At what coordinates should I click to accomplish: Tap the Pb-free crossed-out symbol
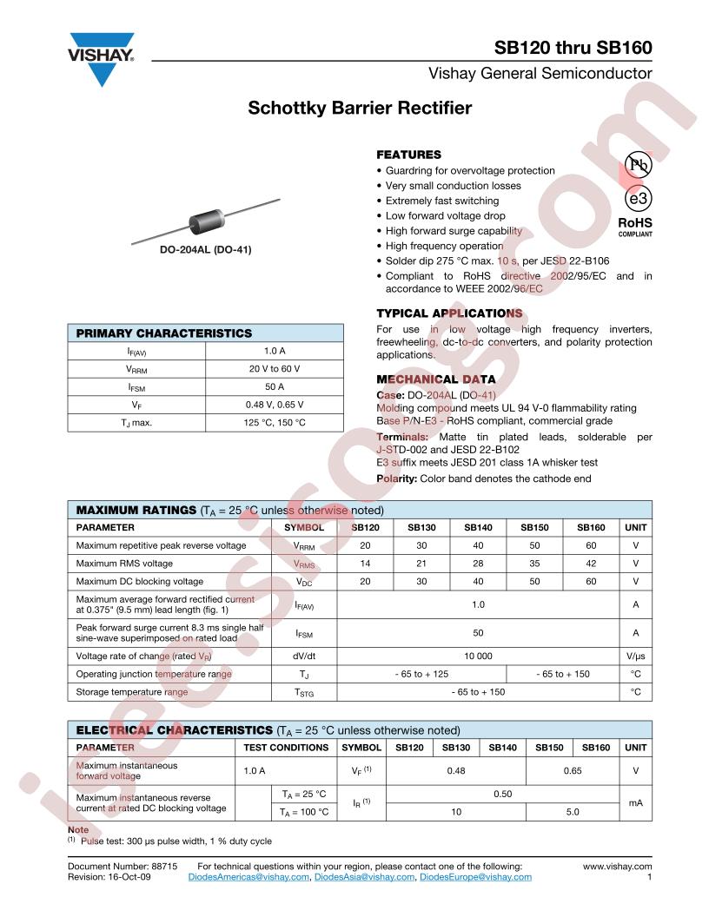tap(637, 166)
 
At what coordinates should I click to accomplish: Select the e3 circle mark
tap(637, 199)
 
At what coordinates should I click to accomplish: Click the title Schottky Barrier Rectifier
tap(360, 109)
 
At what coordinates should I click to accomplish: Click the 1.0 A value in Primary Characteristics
tap(275, 351)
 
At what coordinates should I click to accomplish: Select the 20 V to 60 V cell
tap(275, 369)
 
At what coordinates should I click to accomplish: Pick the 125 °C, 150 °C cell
tap(275, 423)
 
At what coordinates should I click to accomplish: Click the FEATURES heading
tap(408, 154)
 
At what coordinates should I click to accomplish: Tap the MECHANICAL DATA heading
tap(435, 379)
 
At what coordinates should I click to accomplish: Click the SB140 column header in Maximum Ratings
tap(478, 527)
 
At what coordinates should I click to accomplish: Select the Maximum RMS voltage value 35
tap(534, 564)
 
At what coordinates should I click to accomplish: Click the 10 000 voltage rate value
tap(478, 656)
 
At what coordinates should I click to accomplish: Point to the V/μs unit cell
tap(635, 656)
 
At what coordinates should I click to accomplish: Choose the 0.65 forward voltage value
tap(573, 770)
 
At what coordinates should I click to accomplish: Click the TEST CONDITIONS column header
tap(286, 747)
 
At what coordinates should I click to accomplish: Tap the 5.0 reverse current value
tap(573, 812)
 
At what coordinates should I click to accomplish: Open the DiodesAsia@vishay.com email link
tap(364, 878)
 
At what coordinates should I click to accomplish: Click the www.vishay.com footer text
tap(617, 866)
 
